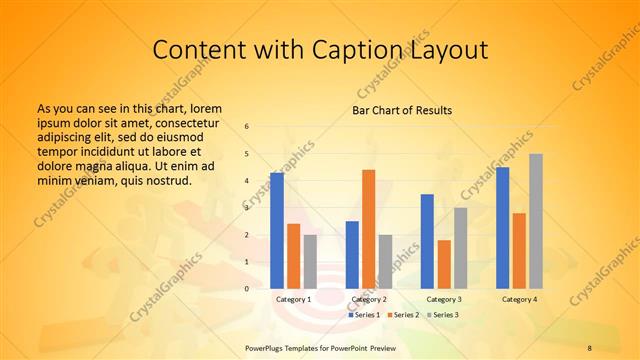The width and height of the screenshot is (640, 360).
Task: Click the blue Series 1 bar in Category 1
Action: (277, 230)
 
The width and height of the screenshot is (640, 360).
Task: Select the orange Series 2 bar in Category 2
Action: (368, 229)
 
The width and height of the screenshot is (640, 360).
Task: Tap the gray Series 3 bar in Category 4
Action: (536, 221)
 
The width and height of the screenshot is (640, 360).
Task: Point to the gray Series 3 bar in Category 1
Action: (310, 261)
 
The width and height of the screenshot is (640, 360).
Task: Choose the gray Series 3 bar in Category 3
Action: (460, 248)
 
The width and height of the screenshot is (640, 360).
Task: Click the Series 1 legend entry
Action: (365, 315)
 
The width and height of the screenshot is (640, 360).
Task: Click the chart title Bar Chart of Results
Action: (402, 110)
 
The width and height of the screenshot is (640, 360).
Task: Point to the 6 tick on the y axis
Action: (247, 127)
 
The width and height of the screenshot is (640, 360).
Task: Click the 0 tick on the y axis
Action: (247, 289)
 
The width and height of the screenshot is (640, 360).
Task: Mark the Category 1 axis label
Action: (293, 299)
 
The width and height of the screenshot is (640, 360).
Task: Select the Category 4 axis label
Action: (519, 299)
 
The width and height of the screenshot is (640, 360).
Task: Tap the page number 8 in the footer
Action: (589, 348)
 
